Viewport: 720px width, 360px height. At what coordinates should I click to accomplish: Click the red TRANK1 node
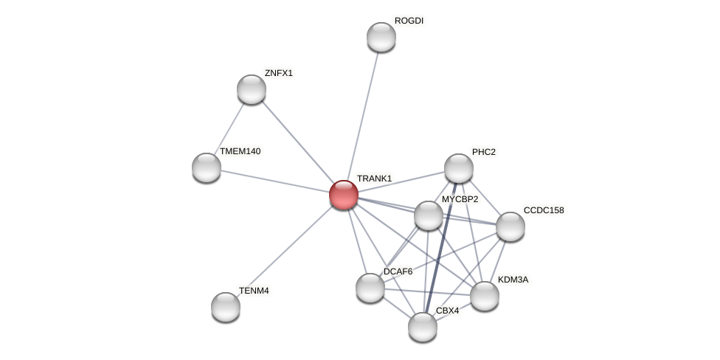click(344, 195)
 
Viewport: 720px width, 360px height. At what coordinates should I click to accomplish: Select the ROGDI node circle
click(381, 37)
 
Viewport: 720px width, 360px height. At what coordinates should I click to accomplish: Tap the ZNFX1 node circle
click(252, 89)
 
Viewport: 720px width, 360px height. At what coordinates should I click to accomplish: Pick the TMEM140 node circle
click(207, 167)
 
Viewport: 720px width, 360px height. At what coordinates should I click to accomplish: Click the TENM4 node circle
click(226, 307)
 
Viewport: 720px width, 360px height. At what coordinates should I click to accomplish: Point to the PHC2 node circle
click(459, 168)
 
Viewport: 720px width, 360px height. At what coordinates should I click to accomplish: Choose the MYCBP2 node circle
click(429, 215)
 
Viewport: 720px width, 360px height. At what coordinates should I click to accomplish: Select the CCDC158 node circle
click(510, 226)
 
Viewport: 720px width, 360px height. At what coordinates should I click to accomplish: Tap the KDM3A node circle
click(485, 296)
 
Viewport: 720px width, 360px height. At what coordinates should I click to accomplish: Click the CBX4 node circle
click(423, 327)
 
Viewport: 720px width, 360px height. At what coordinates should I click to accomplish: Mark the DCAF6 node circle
click(370, 288)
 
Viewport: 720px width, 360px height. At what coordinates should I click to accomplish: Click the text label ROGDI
click(409, 21)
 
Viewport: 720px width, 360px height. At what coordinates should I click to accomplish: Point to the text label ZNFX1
click(279, 73)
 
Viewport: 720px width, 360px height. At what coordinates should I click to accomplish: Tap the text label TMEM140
click(240, 151)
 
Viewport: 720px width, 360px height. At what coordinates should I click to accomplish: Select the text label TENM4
click(254, 291)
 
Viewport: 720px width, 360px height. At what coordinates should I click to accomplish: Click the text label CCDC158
click(544, 210)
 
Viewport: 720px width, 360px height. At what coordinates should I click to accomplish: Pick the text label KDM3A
click(513, 280)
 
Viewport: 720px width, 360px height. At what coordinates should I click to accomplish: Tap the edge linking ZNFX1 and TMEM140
click(229, 128)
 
